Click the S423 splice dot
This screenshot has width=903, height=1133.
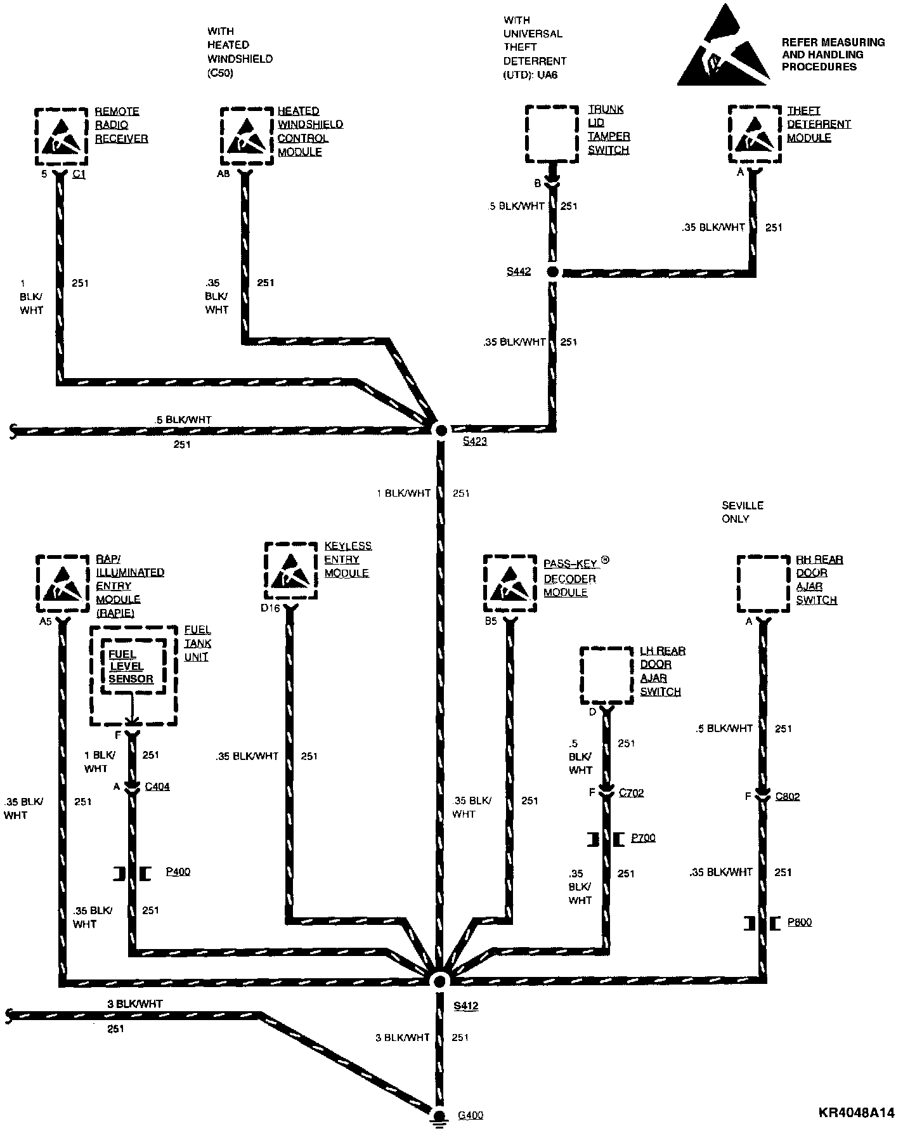click(439, 430)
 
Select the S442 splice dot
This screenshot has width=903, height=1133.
click(552, 272)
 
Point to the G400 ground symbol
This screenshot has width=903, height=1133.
click(438, 1115)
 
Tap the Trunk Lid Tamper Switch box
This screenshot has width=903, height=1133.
click(552, 134)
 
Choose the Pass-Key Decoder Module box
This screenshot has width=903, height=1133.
click(510, 584)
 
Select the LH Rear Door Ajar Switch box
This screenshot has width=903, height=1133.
click(607, 675)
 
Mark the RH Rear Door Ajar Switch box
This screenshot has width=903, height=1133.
click(763, 584)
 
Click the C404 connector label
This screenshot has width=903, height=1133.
click(157, 787)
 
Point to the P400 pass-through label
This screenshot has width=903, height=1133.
click(178, 872)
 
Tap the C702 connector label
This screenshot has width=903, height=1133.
click(631, 792)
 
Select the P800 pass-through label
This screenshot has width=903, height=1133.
click(799, 922)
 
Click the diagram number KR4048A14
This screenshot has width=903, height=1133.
click(855, 1113)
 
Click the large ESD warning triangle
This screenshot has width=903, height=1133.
click(723, 48)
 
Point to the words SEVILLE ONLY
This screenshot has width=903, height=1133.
click(742, 512)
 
